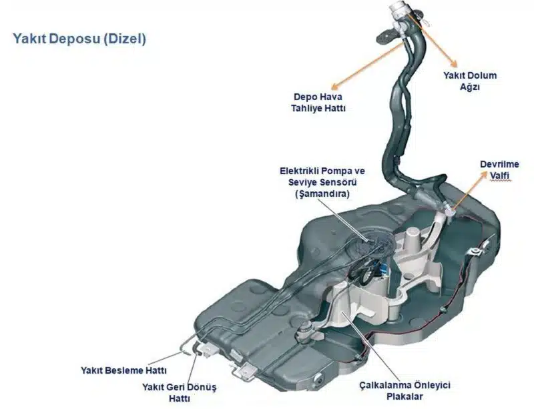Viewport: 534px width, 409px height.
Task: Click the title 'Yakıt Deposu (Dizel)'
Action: pyautogui.click(x=79, y=38)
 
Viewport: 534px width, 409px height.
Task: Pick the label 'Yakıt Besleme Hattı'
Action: pyautogui.click(x=123, y=370)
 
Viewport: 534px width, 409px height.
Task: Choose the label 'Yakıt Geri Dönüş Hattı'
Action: pyautogui.click(x=180, y=391)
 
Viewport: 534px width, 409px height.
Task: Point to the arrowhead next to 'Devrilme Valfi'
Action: pyautogui.click(x=482, y=174)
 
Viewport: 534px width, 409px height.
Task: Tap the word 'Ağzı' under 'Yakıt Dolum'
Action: pyautogui.click(x=470, y=87)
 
